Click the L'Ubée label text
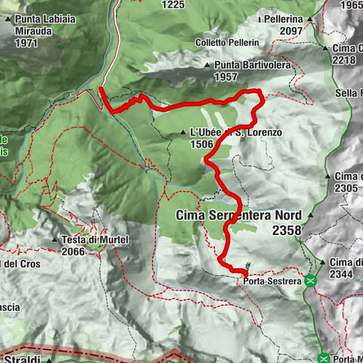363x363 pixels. click(203, 132)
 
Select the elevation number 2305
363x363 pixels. click(346, 188)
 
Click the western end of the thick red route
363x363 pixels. click(101, 89)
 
